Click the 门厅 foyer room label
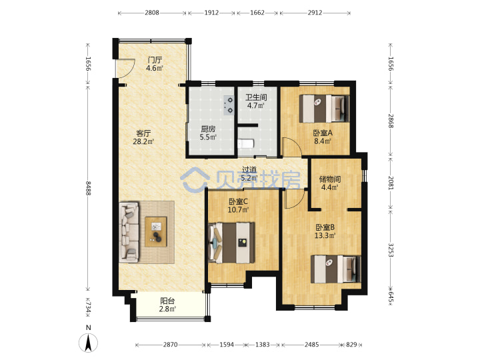[x=155, y=60]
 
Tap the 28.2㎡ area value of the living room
[x=143, y=142]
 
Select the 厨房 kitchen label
[x=208, y=129]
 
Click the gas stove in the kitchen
[x=229, y=105]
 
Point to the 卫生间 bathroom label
[x=256, y=97]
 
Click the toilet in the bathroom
[x=245, y=143]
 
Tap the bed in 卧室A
[x=324, y=109]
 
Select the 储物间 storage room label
[x=330, y=179]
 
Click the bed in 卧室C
[x=231, y=243]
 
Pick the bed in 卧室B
[x=336, y=269]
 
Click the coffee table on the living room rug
[x=156, y=232]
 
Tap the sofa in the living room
[x=129, y=232]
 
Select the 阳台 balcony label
[x=167, y=301]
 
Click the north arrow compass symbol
[x=89, y=343]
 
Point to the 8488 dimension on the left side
[x=88, y=188]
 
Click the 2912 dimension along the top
[x=315, y=13]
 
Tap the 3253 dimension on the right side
[x=391, y=250]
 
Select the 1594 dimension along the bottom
[x=227, y=345]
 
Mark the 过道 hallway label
[x=249, y=169]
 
